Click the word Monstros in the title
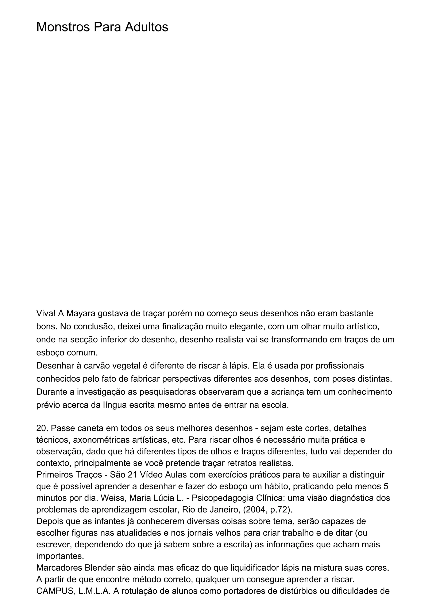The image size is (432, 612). click(63, 27)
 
